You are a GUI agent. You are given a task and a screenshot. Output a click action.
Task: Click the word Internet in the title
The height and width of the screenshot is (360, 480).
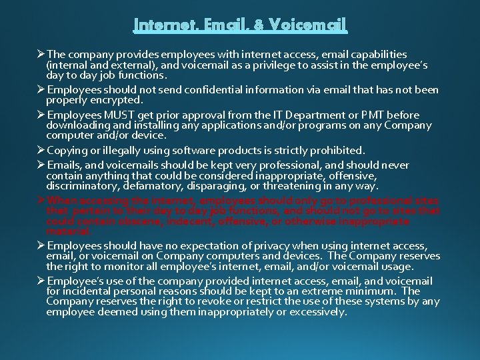163,26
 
